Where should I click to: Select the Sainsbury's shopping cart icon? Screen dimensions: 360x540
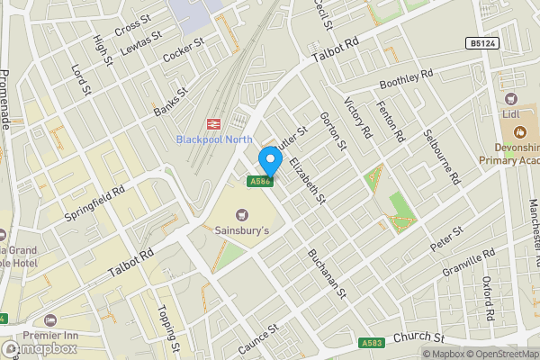[x=240, y=214]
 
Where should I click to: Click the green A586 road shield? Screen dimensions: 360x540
[x=260, y=181]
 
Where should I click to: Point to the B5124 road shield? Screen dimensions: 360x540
[x=481, y=43]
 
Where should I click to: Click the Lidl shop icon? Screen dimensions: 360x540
[x=511, y=98]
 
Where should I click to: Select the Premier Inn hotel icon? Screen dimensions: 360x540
[x=51, y=319]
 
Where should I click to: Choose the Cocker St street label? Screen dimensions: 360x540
[x=184, y=50]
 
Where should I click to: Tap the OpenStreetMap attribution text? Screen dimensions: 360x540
[x=500, y=353]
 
